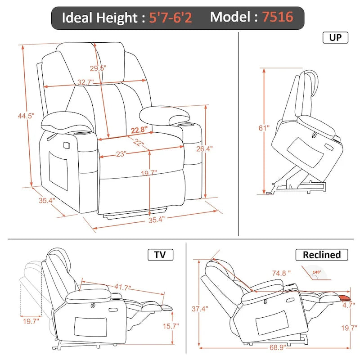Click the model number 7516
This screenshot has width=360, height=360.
tap(278, 18)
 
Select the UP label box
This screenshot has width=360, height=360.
tap(335, 37)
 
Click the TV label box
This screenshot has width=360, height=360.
tap(160, 255)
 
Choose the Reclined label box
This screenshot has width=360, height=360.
tap(321, 255)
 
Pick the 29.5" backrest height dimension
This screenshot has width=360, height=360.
tap(97, 68)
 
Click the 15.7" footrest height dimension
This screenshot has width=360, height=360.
tap(171, 326)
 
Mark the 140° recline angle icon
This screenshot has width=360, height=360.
tap(317, 272)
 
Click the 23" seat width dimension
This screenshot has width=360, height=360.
tap(120, 154)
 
